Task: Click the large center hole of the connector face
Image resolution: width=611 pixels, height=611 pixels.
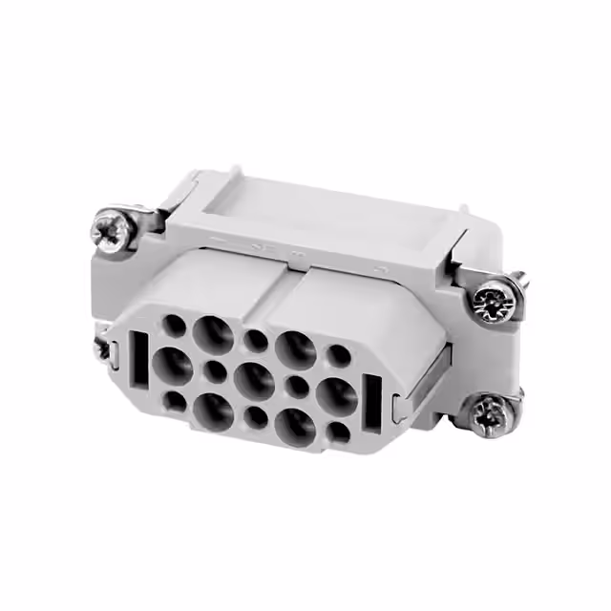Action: click(x=254, y=379)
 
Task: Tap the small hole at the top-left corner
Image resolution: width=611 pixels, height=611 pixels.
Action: click(x=174, y=327)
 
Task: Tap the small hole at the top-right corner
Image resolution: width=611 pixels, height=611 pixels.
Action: click(x=339, y=356)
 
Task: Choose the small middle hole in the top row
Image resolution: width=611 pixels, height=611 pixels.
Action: click(x=257, y=340)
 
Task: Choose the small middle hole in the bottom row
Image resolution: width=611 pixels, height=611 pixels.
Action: click(x=256, y=416)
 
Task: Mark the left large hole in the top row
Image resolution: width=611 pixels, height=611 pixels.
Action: click(x=213, y=334)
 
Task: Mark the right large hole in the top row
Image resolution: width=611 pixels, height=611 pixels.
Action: click(x=298, y=348)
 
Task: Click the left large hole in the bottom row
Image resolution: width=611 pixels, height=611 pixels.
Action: click(x=212, y=409)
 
